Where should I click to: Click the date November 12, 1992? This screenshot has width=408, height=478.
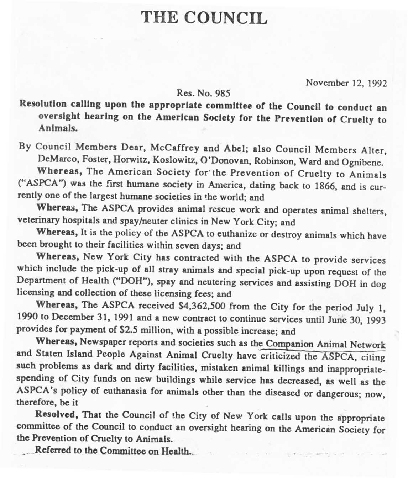[346, 83]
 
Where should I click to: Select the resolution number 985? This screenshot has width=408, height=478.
[223, 94]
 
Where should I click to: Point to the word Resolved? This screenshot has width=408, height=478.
[56, 415]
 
